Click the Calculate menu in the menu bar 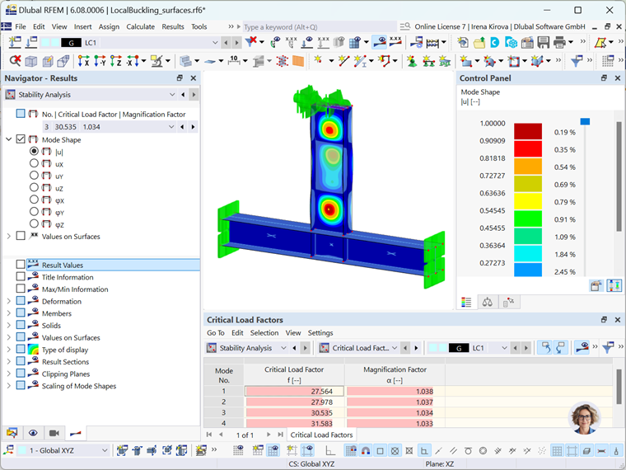tap(140, 26)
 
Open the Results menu tap(173, 26)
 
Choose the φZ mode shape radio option tap(34, 223)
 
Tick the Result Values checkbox tap(21, 266)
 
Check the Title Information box tap(21, 277)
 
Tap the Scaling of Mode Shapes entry tap(78, 386)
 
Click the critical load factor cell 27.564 tap(294, 392)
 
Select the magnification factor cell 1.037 tap(395, 402)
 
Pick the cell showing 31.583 tap(294, 423)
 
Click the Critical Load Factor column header tap(294, 369)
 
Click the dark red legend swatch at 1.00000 tap(528, 131)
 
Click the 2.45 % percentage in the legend tap(564, 271)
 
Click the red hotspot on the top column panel tap(330, 130)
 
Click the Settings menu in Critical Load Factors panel tap(320, 333)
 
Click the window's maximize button tap(577, 10)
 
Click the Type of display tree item tap(65, 350)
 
